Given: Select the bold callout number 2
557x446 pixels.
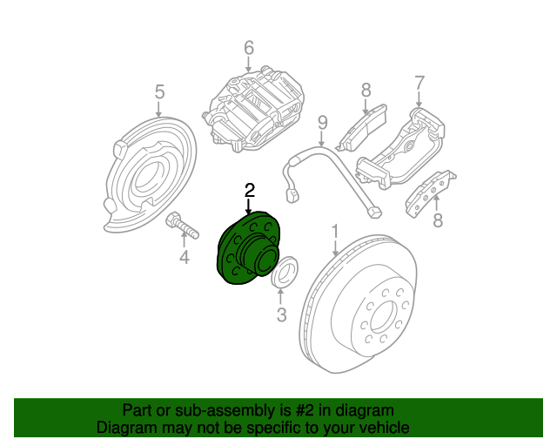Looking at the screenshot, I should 249,190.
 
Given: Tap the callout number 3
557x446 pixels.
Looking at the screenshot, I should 281,315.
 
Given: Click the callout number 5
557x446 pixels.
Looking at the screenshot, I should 159,91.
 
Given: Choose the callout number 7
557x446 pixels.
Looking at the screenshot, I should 419,84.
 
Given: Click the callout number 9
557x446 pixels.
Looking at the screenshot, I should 321,122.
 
